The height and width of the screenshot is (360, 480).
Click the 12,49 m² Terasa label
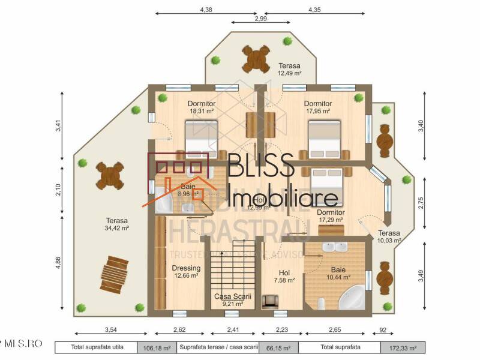[x=289, y=69]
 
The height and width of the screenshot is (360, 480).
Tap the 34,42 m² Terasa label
[x=118, y=224]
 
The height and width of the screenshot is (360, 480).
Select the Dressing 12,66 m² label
[x=186, y=272]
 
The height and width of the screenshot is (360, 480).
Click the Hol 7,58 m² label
[x=284, y=276]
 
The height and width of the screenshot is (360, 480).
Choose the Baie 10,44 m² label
[x=338, y=274]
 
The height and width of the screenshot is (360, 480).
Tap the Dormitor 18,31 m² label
[x=202, y=107]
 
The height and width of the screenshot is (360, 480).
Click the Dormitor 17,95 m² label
[x=317, y=107]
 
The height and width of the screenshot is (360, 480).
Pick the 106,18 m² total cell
[x=156, y=347]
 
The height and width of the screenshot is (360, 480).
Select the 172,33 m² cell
[x=403, y=347]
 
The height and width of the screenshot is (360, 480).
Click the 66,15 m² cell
[x=278, y=347]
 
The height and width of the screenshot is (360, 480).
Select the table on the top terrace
[x=256, y=59]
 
